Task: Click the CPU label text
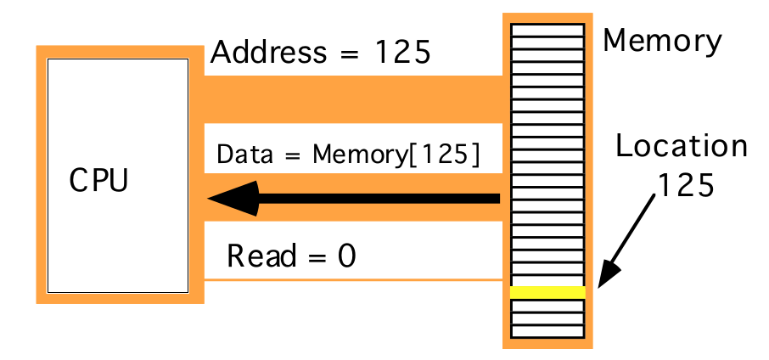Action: (x=98, y=182)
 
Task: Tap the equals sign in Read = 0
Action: (x=314, y=256)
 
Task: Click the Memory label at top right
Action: (x=662, y=40)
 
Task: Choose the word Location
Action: (x=682, y=146)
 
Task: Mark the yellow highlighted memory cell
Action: (x=547, y=292)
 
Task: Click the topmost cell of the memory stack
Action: (x=547, y=29)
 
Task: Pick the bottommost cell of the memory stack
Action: (x=547, y=332)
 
